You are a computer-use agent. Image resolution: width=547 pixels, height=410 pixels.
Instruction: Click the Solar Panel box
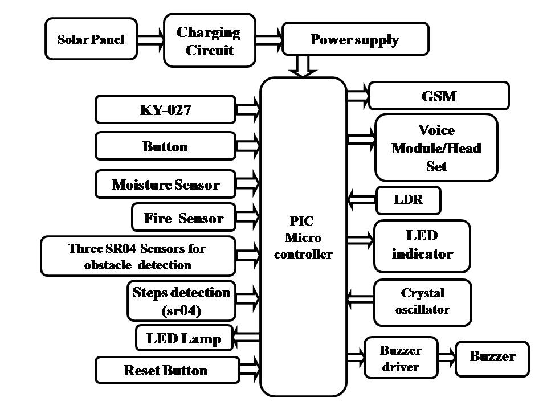click(x=91, y=39)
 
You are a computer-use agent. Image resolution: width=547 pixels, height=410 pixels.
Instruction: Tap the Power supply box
click(x=355, y=40)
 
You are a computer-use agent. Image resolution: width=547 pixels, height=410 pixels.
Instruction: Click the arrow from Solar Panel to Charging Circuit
click(x=151, y=40)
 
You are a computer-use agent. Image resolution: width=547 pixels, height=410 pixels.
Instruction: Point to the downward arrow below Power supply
click(x=303, y=65)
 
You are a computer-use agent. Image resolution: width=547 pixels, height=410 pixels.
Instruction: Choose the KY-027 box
click(x=165, y=109)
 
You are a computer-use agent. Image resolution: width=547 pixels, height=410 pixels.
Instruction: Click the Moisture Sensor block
click(x=165, y=184)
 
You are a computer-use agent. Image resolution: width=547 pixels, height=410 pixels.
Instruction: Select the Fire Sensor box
click(x=183, y=218)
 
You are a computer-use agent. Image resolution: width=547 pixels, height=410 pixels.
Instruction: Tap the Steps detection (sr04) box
click(x=181, y=301)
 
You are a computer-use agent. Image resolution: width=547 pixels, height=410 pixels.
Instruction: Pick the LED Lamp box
click(x=183, y=338)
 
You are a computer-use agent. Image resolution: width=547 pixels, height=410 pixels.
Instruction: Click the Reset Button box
click(x=165, y=370)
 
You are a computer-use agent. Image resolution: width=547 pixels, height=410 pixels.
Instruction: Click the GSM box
click(x=439, y=96)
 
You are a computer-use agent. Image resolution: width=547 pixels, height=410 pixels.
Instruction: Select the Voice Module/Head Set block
click(x=436, y=147)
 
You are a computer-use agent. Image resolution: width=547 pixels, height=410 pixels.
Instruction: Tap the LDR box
click(x=409, y=200)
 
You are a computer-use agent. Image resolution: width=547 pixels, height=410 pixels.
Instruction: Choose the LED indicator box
click(x=422, y=245)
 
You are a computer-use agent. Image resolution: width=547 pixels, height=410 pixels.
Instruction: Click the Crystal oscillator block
click(x=422, y=302)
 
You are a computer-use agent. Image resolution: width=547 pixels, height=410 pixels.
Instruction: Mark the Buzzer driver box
click(x=401, y=358)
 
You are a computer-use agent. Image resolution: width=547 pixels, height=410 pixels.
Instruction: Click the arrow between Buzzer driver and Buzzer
click(x=447, y=358)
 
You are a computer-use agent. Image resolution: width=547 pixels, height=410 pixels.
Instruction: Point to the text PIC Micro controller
click(x=303, y=237)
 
